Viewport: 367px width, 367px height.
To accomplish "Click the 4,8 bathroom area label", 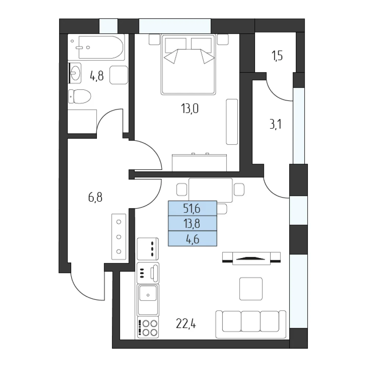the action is [x=97, y=76].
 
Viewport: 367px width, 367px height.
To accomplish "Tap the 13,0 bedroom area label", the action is [x=190, y=109].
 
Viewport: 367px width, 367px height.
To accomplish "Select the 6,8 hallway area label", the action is [x=95, y=197].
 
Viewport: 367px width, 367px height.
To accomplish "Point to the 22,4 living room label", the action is [x=186, y=324].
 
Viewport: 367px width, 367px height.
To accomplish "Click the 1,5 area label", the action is [x=277, y=56].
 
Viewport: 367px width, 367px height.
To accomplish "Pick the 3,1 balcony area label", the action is [x=276, y=124].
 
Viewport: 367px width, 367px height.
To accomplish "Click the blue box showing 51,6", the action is [x=192, y=208].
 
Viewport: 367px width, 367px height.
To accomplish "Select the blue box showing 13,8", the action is [x=192, y=223].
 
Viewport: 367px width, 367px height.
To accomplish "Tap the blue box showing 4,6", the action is [x=192, y=239].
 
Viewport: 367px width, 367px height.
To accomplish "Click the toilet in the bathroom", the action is [x=80, y=96].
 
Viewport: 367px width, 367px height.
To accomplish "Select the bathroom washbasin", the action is [x=75, y=73].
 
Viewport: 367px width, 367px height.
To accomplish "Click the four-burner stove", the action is [x=148, y=327].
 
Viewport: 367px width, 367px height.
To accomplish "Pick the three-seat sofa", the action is [x=251, y=324].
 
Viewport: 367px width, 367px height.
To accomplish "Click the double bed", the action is [x=188, y=64].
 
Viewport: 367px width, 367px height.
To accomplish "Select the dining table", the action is [x=210, y=190].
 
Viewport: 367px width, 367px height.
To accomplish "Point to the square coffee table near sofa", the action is [x=251, y=288].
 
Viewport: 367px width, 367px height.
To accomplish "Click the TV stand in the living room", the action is [x=251, y=258].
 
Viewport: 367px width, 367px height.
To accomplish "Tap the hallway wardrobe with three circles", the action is [x=119, y=237].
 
